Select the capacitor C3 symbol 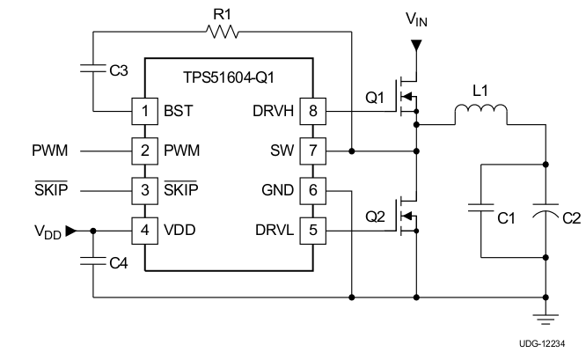pyautogui.click(x=92, y=70)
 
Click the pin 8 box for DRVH pyautogui.click(x=312, y=113)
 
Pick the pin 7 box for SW pyautogui.click(x=312, y=151)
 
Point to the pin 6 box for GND pyautogui.click(x=312, y=191)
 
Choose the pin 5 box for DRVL pyautogui.click(x=312, y=230)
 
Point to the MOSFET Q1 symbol pyautogui.click(x=407, y=94)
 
